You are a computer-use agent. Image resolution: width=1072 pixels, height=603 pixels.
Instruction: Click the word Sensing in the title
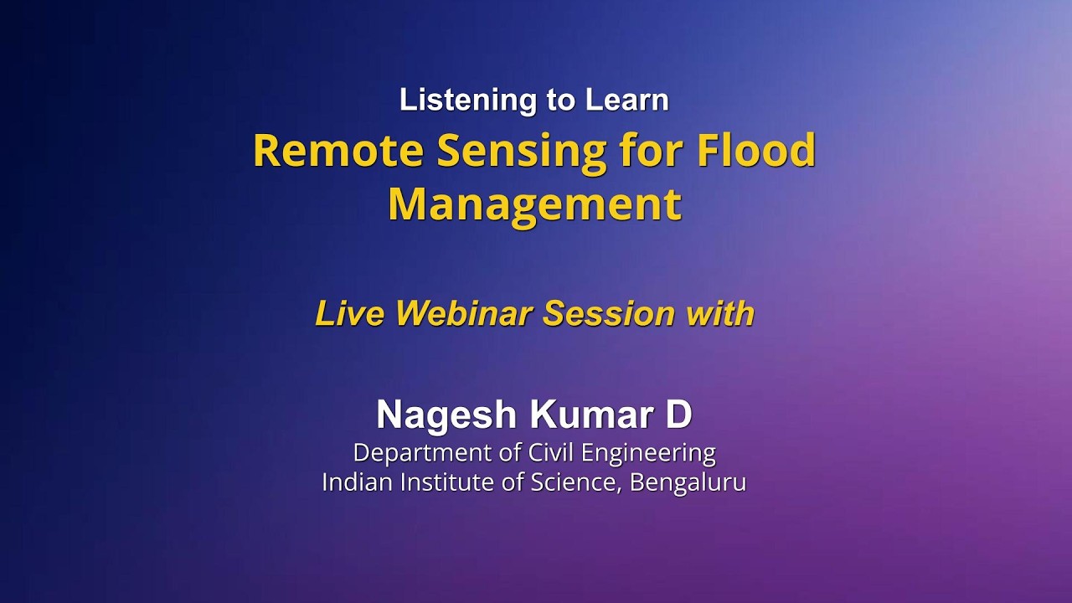pos(521,152)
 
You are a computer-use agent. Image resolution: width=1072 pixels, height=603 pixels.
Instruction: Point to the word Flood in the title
pos(756,151)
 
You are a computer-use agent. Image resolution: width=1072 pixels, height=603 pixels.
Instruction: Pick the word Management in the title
pos(534,205)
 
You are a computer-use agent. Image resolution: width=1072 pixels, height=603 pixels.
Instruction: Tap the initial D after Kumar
pos(679,415)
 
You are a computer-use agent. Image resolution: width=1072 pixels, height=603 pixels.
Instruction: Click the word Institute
pos(443,482)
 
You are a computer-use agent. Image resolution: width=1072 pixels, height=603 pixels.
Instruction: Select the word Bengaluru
pos(688,483)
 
